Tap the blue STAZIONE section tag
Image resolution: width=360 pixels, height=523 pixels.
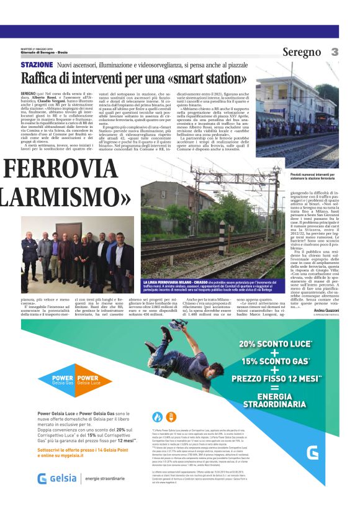[x=37, y=65]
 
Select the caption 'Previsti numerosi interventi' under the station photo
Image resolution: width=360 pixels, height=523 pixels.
[x=302, y=178]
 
